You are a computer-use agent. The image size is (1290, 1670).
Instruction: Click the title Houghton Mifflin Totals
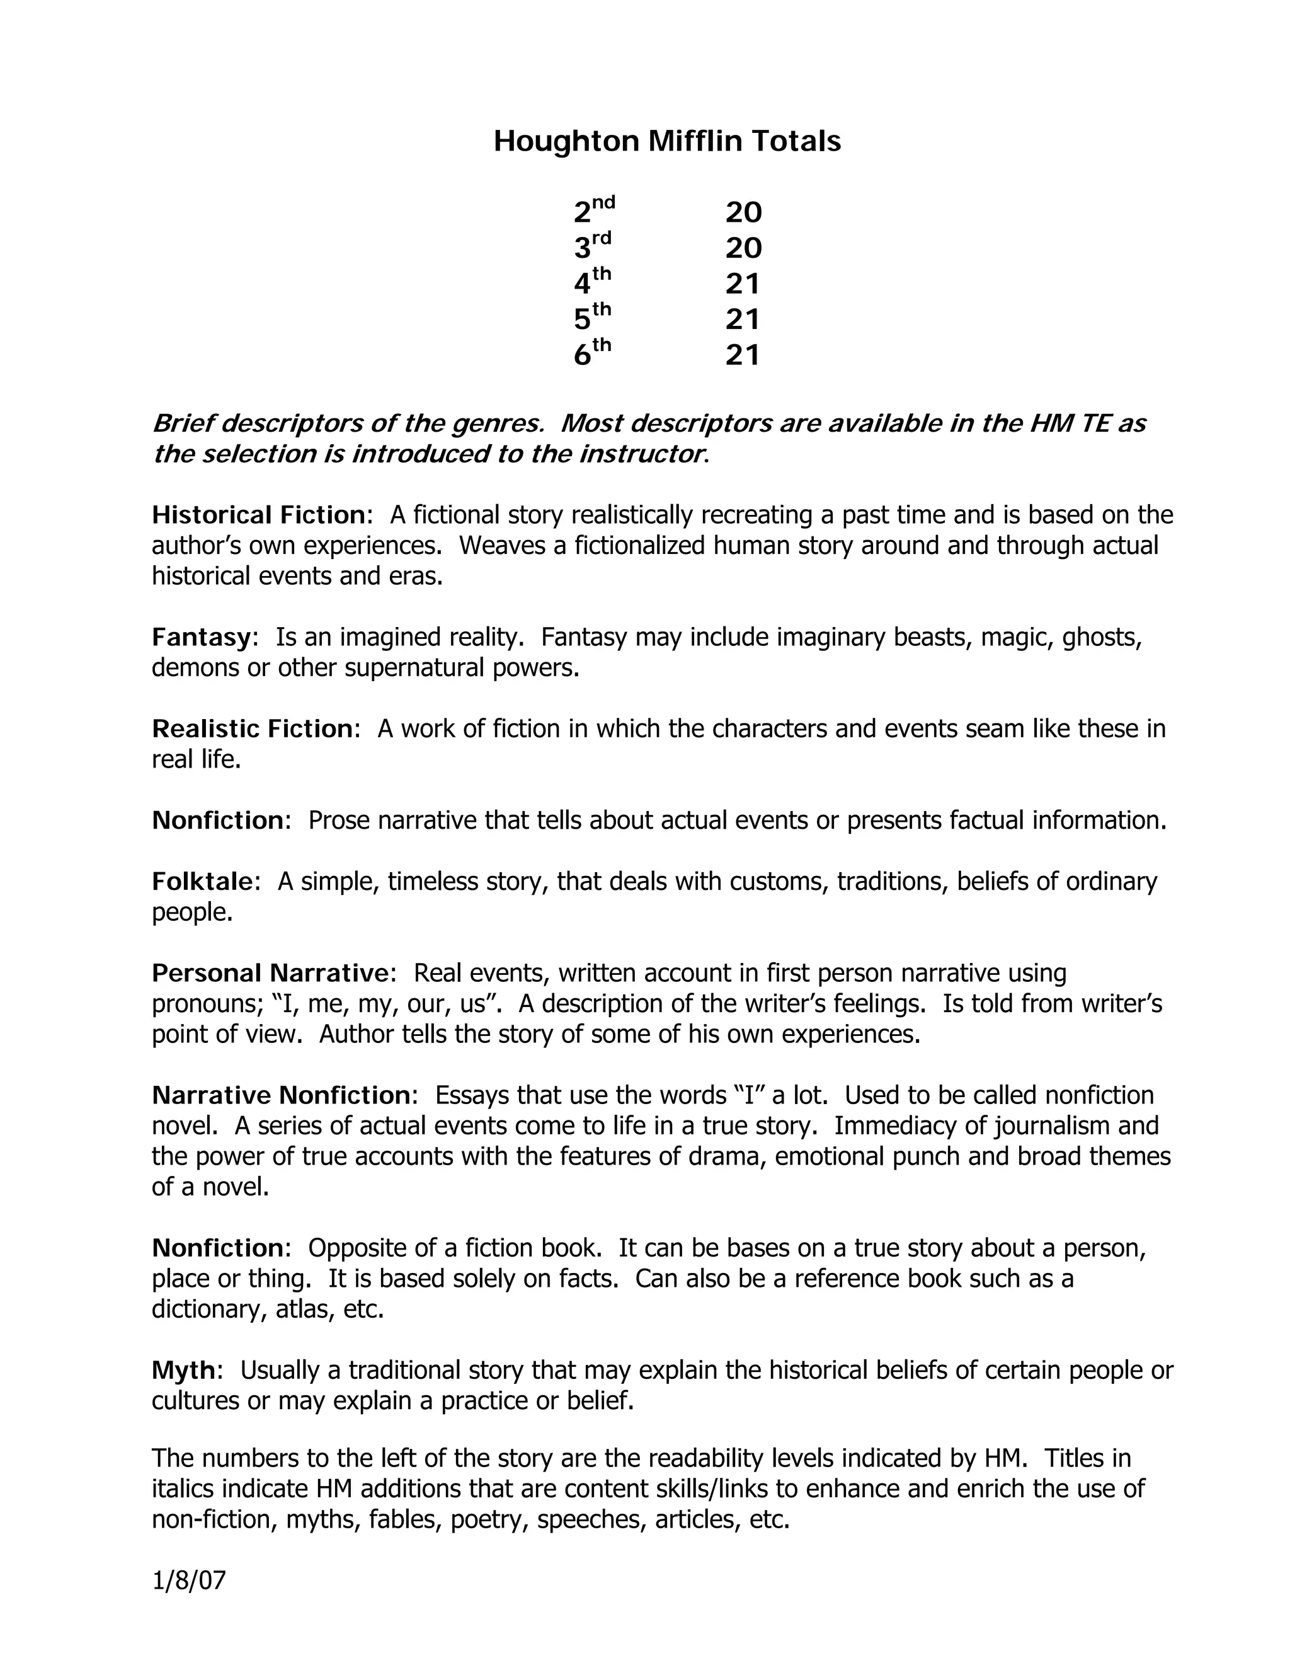coord(666,141)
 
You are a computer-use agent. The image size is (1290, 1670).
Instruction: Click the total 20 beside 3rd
coord(743,248)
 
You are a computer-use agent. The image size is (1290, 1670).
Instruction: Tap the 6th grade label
coord(592,354)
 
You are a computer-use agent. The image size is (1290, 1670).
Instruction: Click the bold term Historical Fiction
coord(258,515)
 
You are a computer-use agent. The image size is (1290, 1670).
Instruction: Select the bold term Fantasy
coord(201,636)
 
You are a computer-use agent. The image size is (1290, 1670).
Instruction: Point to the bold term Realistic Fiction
coord(251,728)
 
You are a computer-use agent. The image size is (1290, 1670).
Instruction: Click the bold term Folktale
coord(202,881)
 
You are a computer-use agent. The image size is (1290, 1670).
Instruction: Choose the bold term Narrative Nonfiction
coord(280,1095)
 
